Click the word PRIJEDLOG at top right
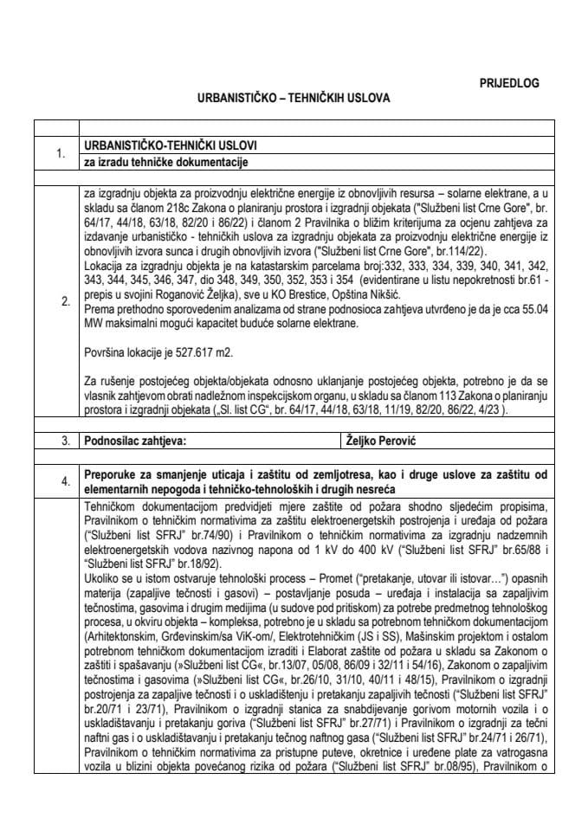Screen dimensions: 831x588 click(509, 83)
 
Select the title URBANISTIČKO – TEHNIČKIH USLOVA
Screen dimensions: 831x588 click(294, 98)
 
